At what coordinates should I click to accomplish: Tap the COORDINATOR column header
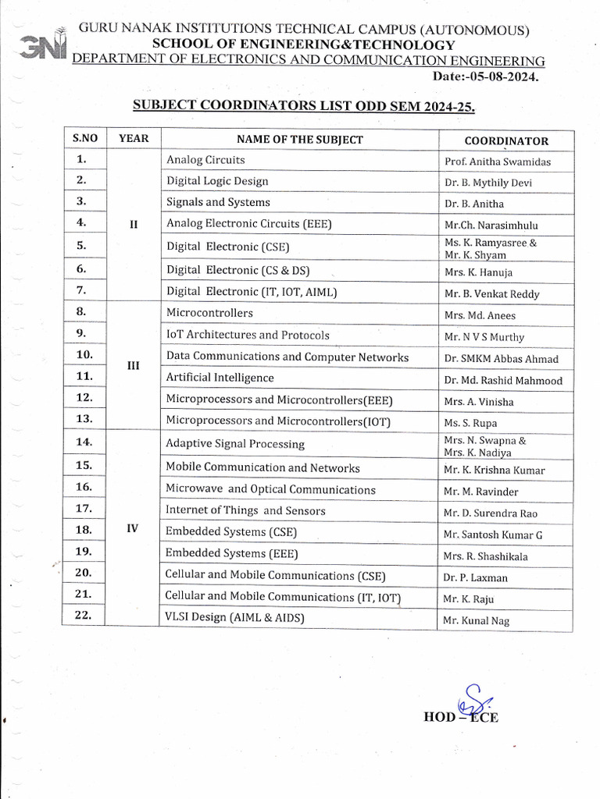(x=506, y=141)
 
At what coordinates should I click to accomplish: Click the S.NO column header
(x=85, y=139)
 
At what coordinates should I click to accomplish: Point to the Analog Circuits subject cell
(x=205, y=160)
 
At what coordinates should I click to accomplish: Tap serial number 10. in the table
(x=84, y=355)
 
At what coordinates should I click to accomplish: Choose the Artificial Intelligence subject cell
(x=220, y=378)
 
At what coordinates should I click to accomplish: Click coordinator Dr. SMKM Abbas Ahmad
(x=501, y=360)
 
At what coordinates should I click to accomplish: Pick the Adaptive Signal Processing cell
(x=235, y=444)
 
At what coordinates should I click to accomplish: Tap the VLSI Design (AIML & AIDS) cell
(x=234, y=617)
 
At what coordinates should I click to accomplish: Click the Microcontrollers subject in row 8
(x=209, y=313)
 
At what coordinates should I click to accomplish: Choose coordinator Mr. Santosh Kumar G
(x=492, y=535)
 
